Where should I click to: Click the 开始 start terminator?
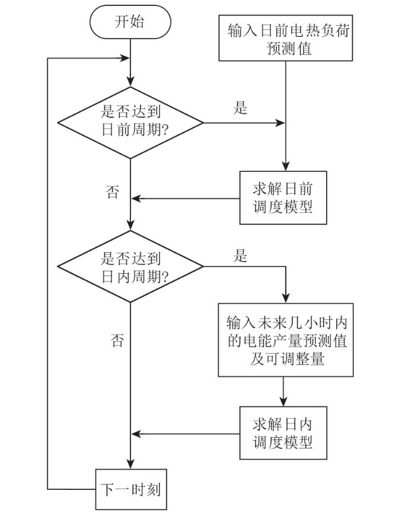130,23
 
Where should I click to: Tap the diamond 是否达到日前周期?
130,123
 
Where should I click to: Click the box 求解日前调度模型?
283,198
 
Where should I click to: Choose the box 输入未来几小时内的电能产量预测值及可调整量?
286,340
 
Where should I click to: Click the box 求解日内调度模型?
283,432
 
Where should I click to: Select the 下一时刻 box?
130,490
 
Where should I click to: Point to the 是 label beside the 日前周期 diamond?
241,108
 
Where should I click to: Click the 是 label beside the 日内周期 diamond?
241,256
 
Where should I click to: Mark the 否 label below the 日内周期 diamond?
117,340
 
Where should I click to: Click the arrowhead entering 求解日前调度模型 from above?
286,167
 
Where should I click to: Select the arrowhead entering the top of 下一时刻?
130,465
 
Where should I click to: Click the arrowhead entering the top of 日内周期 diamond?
130,226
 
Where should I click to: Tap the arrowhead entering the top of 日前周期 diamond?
130,82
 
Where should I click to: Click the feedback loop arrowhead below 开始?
125,59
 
